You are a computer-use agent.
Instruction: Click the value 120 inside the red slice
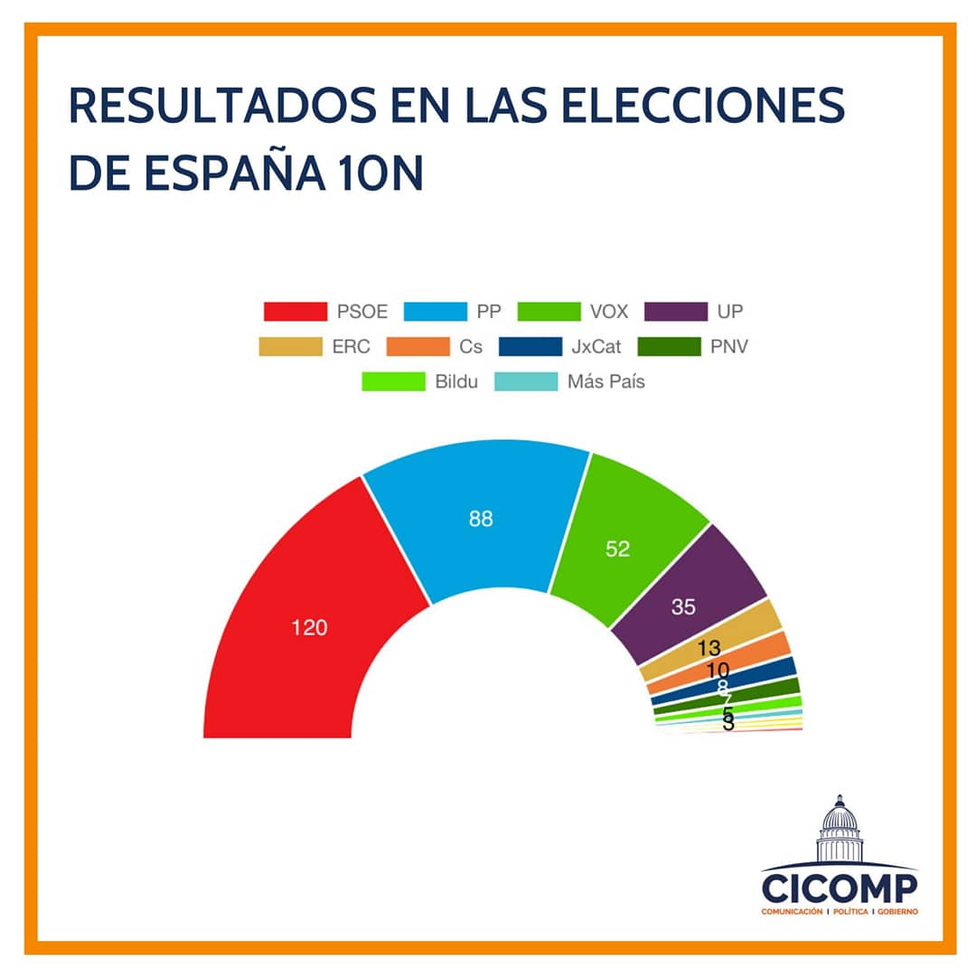tap(309, 627)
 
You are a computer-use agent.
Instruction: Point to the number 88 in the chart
tap(481, 519)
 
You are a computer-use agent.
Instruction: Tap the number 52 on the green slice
tap(617, 549)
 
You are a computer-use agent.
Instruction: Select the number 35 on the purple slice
tap(684, 607)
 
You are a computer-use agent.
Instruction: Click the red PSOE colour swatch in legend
tap(295, 312)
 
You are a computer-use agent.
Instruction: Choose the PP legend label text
tap(489, 312)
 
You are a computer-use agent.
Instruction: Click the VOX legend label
tap(608, 312)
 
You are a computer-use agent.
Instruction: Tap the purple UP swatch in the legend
tap(675, 312)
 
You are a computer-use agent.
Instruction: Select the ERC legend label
tap(352, 346)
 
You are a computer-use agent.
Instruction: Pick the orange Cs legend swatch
tap(417, 346)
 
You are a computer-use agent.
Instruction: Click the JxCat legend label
tap(596, 346)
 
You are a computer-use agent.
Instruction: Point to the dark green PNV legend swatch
tap(669, 346)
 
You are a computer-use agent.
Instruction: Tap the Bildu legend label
tap(457, 381)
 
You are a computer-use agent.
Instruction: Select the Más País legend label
tap(605, 381)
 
